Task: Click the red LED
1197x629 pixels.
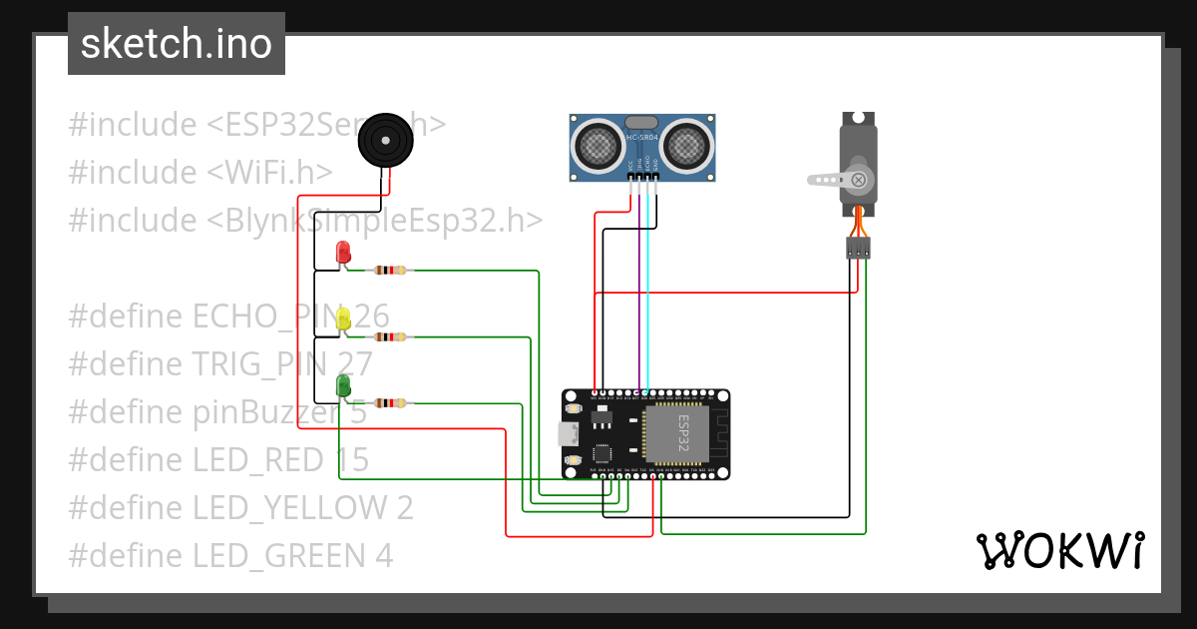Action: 343,252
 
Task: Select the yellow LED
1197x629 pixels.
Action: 343,318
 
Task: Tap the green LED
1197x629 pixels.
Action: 343,385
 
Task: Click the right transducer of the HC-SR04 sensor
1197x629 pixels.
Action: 687,146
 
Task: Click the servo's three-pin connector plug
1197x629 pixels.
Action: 858,248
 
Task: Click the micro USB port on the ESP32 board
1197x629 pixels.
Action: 566,434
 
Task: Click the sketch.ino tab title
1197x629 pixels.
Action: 176,44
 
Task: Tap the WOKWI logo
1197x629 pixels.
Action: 1059,551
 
